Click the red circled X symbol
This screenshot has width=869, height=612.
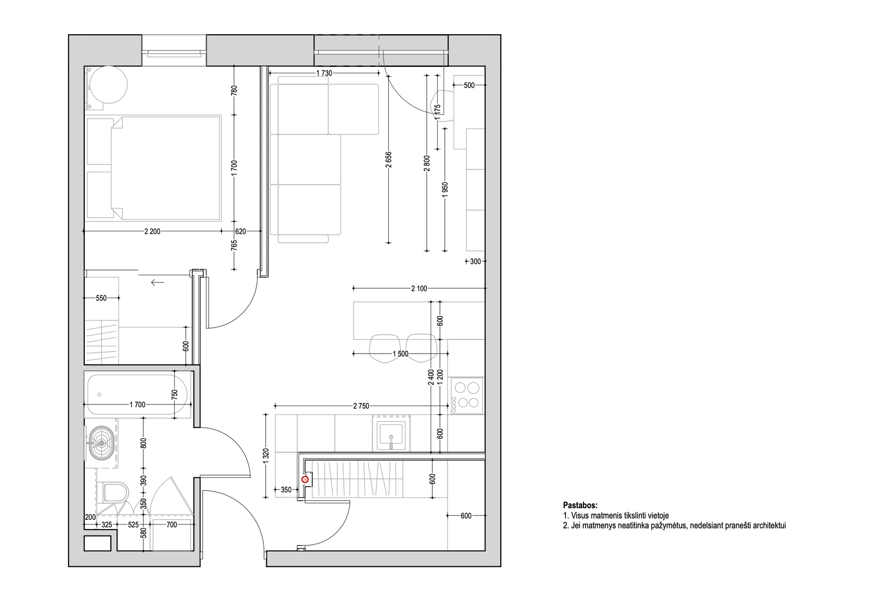[305, 479]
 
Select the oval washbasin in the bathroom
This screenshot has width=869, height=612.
[101, 443]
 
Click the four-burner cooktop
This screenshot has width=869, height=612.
[467, 395]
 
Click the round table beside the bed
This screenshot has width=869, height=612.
[108, 85]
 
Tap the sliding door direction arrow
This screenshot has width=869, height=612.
[158, 282]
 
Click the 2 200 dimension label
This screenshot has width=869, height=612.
[153, 231]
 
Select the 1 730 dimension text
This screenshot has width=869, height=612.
[324, 73]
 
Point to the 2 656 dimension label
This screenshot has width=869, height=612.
[389, 160]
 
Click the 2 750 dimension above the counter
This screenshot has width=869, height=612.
[361, 406]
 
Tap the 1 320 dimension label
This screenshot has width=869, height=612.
[266, 456]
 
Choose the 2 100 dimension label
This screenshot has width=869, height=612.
[419, 288]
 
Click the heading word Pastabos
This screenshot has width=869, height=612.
[581, 506]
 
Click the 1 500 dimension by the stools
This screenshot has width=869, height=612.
[401, 354]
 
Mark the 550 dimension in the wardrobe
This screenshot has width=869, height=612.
[101, 298]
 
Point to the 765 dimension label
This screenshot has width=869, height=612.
[234, 245]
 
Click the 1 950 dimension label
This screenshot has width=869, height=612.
[445, 190]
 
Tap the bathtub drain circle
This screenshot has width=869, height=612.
[99, 395]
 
